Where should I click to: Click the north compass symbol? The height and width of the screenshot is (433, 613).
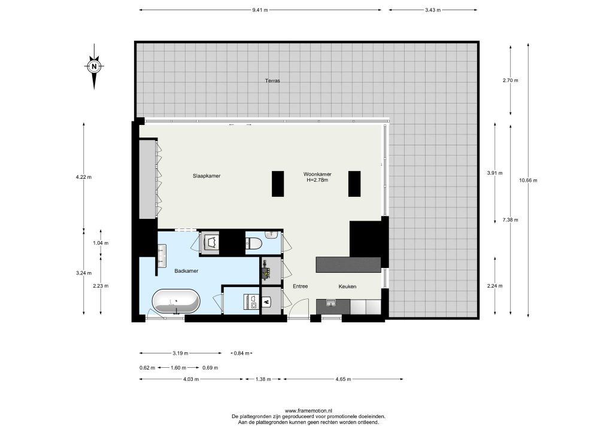coord(94,67)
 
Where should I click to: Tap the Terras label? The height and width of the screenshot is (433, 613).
coord(272,81)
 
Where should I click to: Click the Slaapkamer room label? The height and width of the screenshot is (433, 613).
coord(207,176)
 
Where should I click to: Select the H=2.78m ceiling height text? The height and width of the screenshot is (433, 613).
coord(317,181)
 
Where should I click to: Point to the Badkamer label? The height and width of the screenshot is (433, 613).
coord(186,270)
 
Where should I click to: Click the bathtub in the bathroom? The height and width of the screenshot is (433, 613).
coord(175,301)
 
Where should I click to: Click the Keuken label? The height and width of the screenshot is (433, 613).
coord(347,286)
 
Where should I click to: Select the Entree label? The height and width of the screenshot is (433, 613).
coord(301,286)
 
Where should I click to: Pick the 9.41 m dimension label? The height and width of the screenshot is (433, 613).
coord(260,10)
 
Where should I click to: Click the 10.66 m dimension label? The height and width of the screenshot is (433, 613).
coord(528,181)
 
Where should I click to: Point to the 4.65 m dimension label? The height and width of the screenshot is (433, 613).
coord(343,379)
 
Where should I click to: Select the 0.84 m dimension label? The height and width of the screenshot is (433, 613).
coord(241,353)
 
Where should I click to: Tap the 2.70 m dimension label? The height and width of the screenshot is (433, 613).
coord(510,80)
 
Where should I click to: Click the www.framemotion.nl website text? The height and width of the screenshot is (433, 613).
coord(308,410)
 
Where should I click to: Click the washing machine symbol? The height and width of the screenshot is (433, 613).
coord(251,301)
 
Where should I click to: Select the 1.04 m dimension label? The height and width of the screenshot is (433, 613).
coord(101,243)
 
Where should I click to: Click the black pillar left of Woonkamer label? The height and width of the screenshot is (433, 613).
coord(278,184)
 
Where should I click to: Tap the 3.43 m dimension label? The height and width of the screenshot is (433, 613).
coord(433,10)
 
